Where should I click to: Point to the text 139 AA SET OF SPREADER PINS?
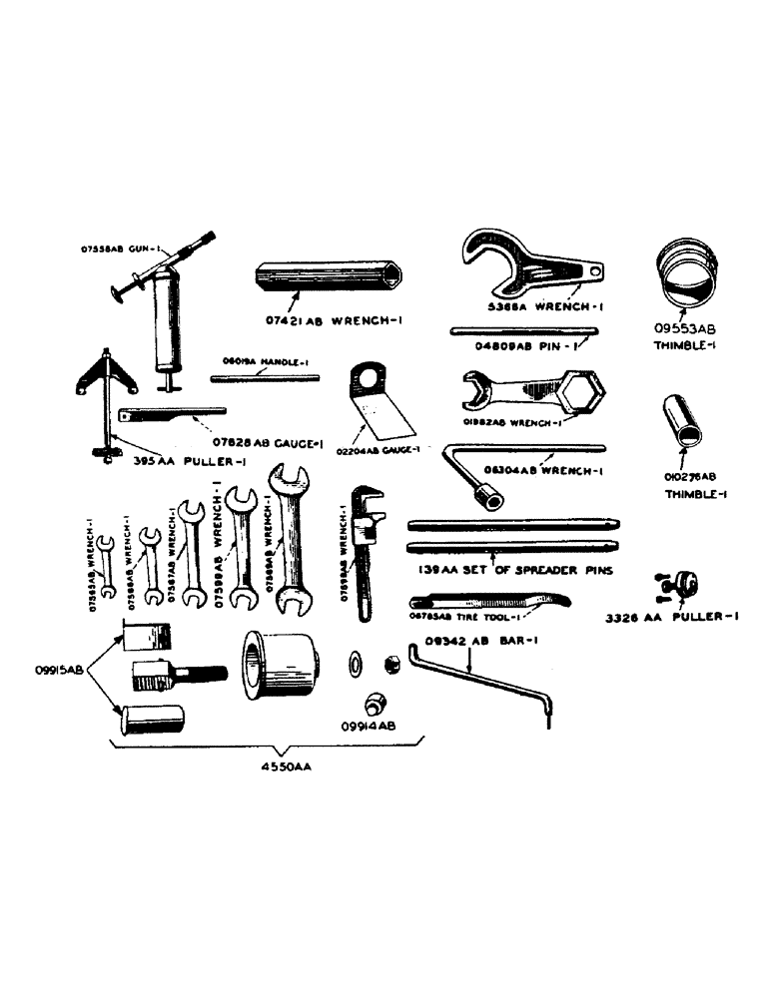pyautogui.click(x=512, y=572)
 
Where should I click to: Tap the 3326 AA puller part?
pyautogui.click(x=678, y=583)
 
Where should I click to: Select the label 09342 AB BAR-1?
pyautogui.click(x=481, y=641)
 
